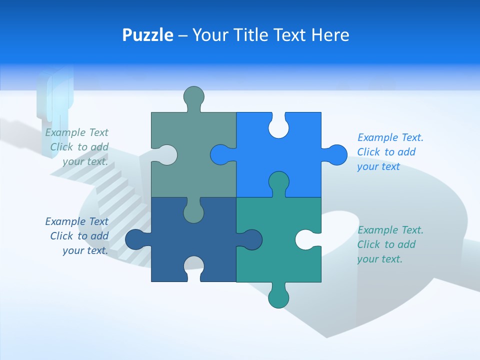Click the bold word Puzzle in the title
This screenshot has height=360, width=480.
[147, 35]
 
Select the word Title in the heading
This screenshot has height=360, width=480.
[254, 35]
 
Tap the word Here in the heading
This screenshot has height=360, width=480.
[330, 35]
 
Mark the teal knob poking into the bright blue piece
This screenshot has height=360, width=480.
[278, 182]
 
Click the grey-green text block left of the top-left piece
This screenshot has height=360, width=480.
[78, 147]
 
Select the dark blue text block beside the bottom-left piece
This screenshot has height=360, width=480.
[78, 236]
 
